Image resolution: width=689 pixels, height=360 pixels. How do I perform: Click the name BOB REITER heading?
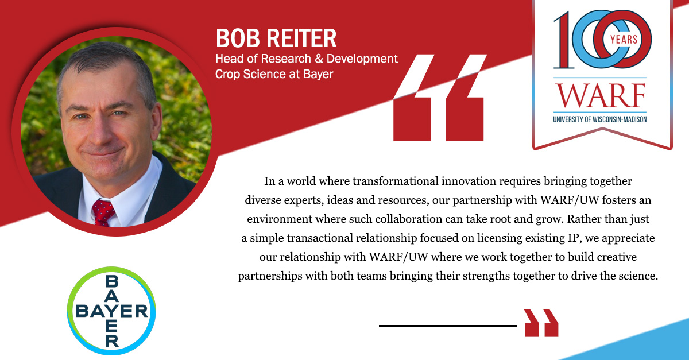click(276, 38)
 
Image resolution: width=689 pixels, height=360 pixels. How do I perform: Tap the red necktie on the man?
click(103, 212)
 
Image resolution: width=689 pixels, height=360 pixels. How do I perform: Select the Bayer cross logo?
click(111, 311)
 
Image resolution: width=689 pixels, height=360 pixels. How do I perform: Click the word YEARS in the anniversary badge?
click(624, 40)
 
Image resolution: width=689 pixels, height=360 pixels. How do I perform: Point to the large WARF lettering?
click(600, 95)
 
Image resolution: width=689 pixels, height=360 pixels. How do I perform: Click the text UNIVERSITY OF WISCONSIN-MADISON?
click(600, 119)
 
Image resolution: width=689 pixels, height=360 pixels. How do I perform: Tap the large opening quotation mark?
click(440, 98)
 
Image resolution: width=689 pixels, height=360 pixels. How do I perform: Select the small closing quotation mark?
click(541, 323)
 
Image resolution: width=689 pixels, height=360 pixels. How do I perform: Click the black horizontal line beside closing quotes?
click(447, 326)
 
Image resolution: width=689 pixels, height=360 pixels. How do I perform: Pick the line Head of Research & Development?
click(307, 59)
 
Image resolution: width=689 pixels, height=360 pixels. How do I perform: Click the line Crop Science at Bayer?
click(274, 74)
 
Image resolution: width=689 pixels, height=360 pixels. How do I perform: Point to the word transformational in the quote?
click(395, 181)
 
